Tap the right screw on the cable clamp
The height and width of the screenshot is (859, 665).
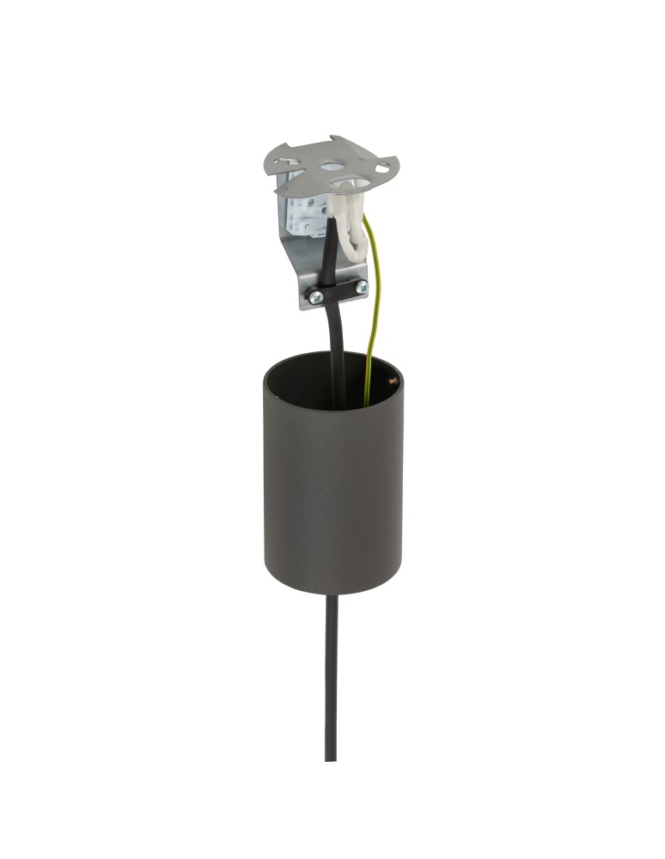[x=362, y=286]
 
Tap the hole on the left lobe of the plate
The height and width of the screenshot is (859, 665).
[x=289, y=161]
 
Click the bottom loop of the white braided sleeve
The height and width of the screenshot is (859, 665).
[x=350, y=258]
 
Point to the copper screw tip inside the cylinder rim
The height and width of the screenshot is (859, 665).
[x=394, y=379]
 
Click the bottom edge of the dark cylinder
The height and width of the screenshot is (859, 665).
[x=332, y=593]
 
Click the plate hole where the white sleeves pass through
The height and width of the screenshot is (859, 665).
[x=350, y=183]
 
